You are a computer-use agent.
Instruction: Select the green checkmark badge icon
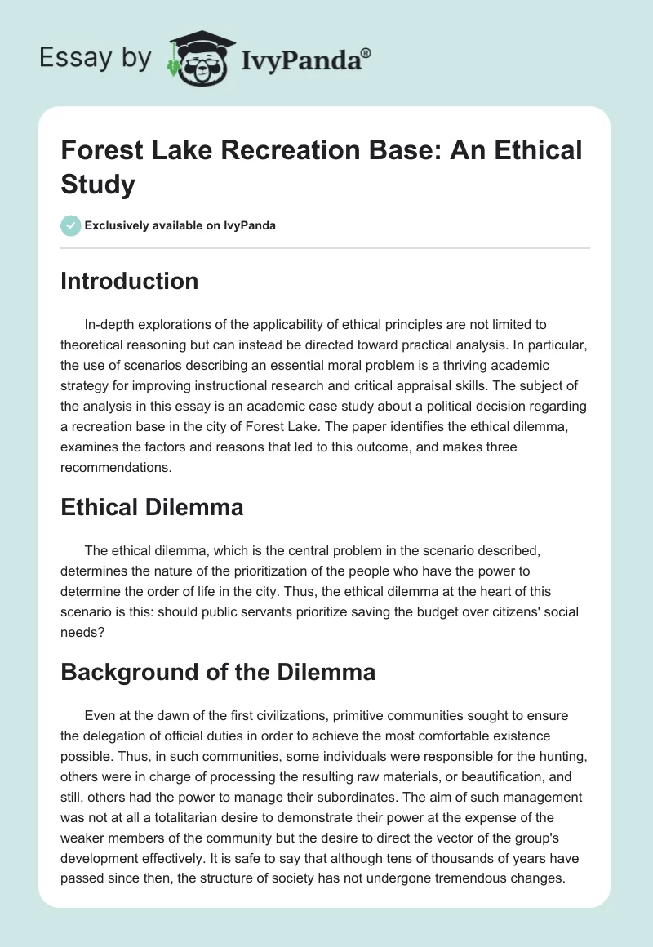pyautogui.click(x=71, y=225)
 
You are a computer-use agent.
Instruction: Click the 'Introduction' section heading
pyautogui.click(x=129, y=281)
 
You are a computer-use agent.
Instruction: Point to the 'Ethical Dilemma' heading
pyautogui.click(x=152, y=507)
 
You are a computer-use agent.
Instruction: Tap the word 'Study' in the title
pyautogui.click(x=99, y=185)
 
